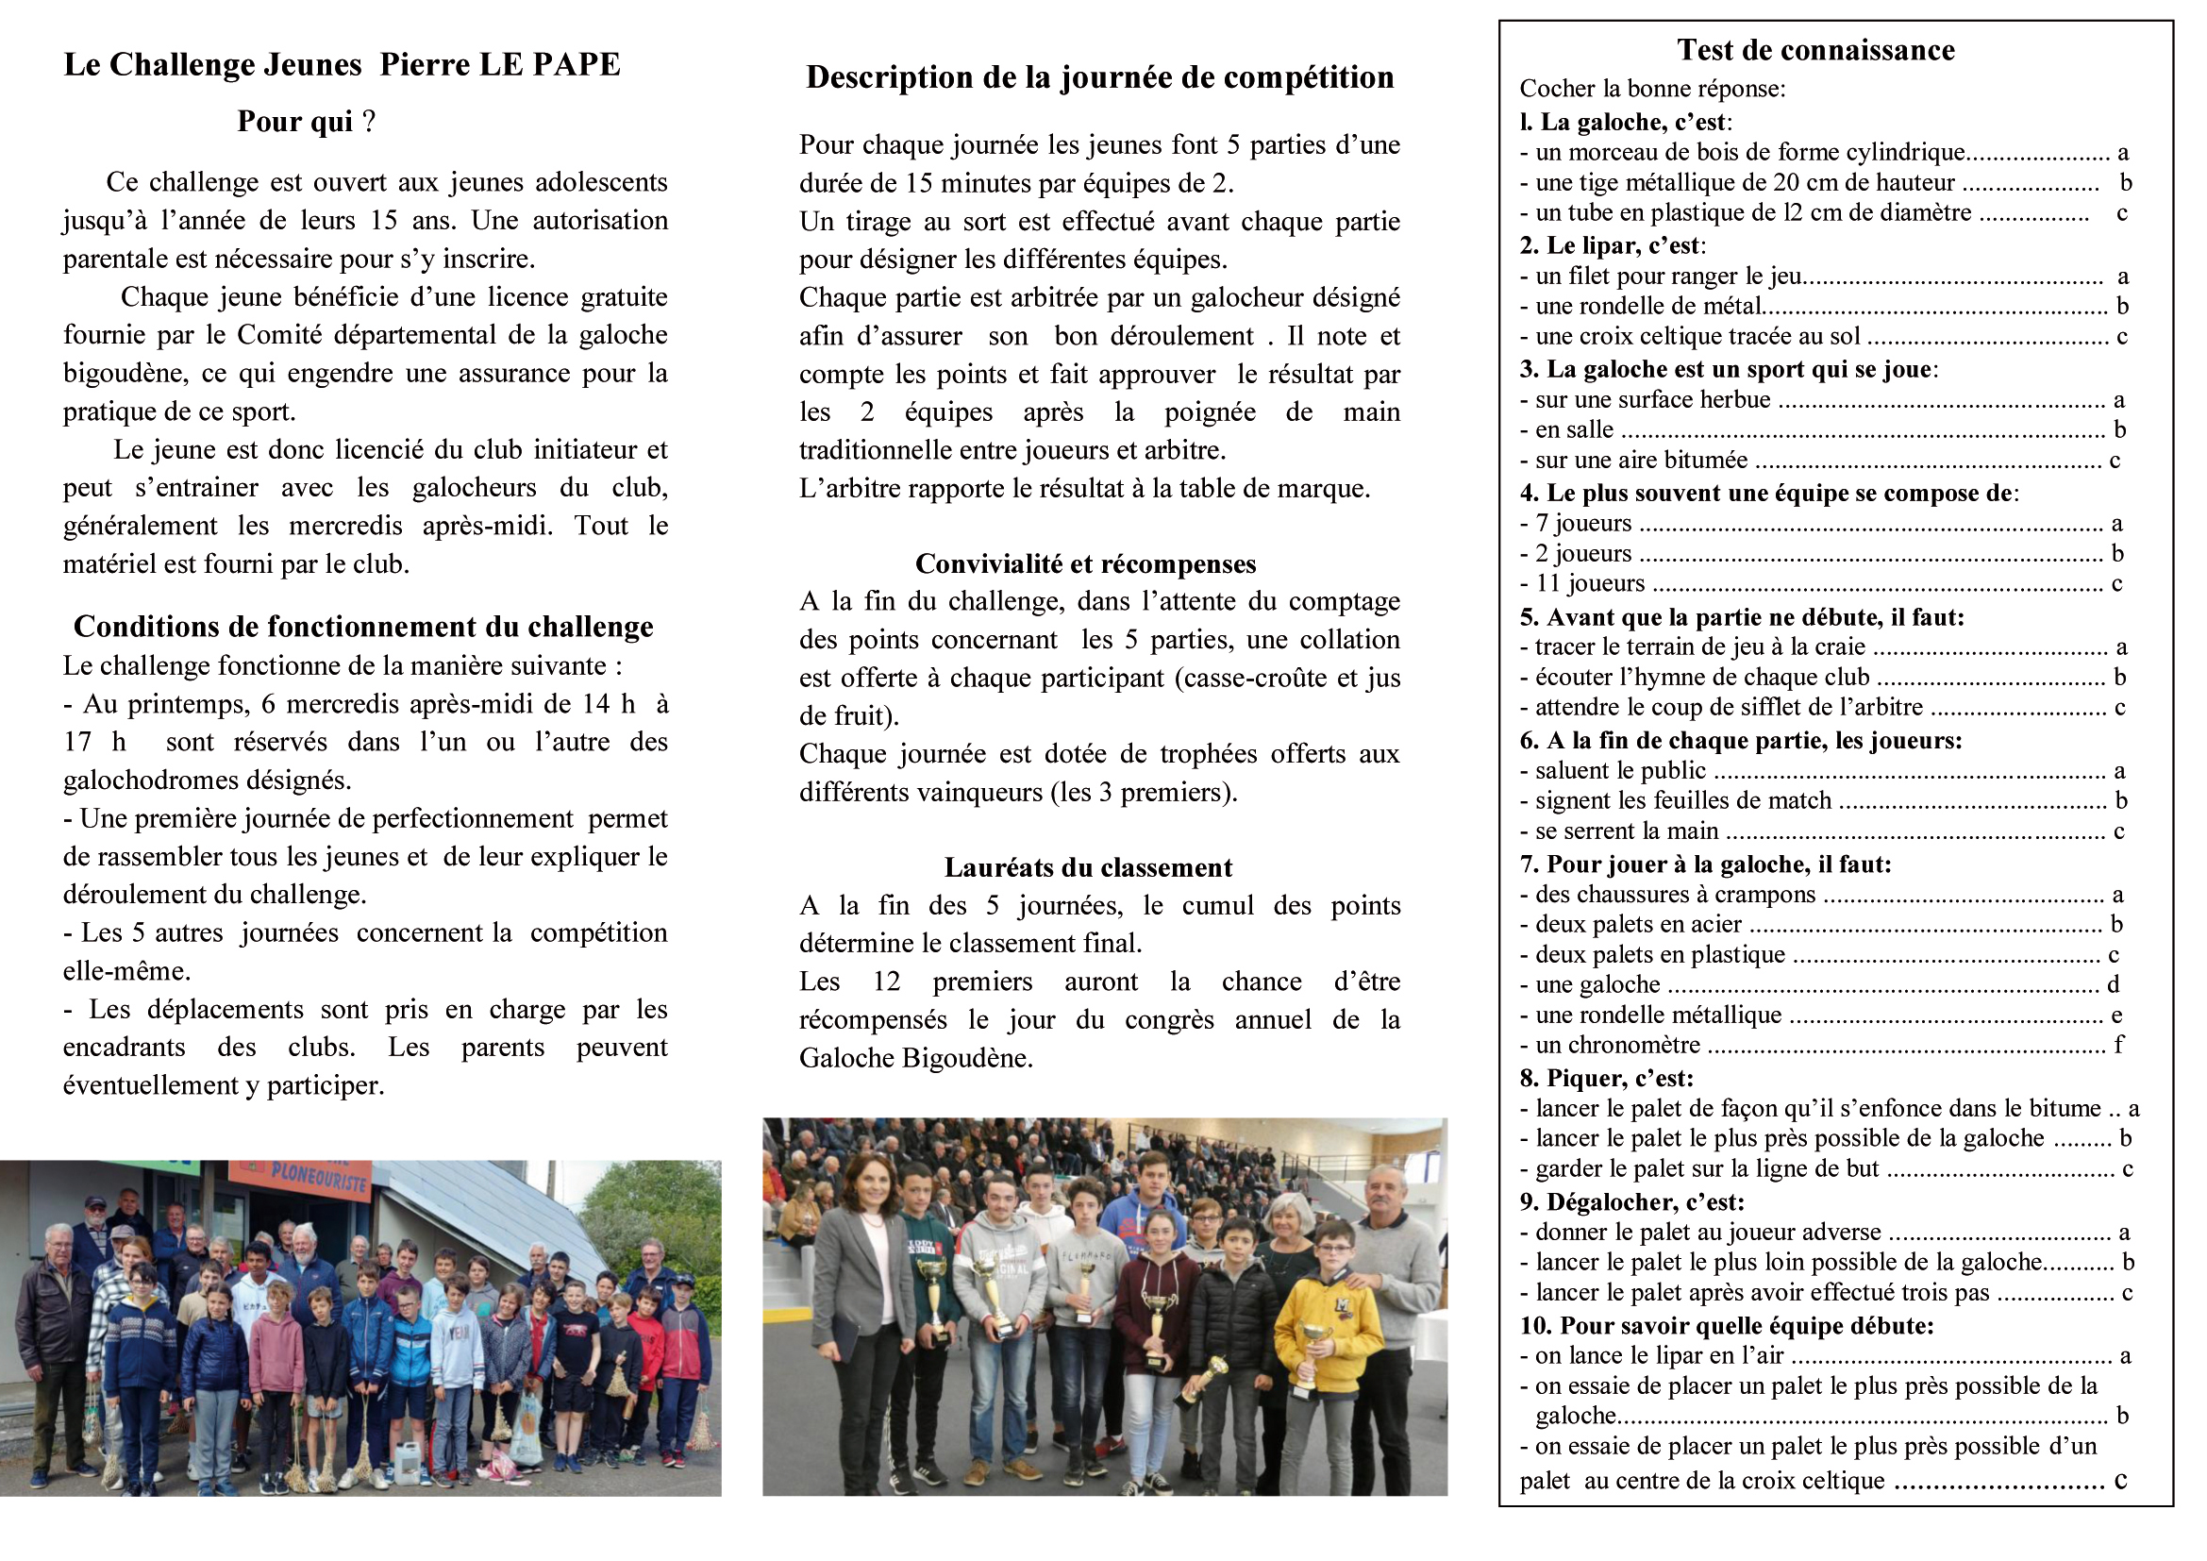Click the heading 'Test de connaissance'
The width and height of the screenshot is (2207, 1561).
[1814, 50]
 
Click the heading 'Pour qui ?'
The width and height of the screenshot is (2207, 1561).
[306, 122]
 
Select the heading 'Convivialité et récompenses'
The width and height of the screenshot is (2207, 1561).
[1085, 563]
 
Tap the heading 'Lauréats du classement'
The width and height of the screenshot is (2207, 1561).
[1087, 867]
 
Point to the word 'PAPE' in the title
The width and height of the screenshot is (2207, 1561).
[579, 64]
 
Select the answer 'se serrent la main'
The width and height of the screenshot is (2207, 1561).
[1626, 831]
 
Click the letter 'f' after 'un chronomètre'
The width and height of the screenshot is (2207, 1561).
[2117, 1045]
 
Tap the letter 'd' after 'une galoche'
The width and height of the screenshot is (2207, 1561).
[2113, 984]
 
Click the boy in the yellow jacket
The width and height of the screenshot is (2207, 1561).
[1330, 1326]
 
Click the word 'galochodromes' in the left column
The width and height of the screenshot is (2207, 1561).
[192, 780]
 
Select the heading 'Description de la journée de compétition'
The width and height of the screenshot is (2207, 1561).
[1099, 76]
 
